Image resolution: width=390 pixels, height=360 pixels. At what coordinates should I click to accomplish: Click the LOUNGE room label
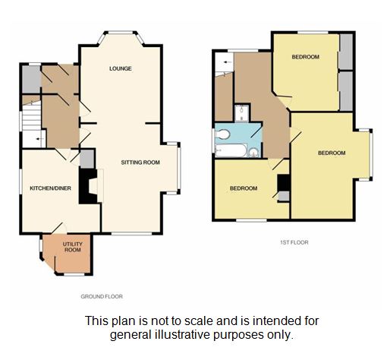[x=121, y=68]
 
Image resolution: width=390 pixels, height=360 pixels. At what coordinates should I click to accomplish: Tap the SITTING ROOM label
[x=140, y=163]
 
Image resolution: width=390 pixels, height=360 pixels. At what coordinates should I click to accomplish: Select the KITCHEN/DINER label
[x=50, y=188]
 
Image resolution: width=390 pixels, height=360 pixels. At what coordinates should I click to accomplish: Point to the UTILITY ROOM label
[x=73, y=247]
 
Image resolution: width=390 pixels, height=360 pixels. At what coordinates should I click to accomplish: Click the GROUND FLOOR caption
[x=102, y=296]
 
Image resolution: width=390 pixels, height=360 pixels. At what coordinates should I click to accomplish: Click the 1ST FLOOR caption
[x=294, y=242]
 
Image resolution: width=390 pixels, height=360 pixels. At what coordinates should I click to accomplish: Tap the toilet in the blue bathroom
[x=222, y=134]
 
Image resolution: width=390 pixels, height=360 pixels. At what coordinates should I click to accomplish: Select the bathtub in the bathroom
[x=231, y=150]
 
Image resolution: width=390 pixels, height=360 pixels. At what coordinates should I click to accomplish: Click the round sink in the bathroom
[x=253, y=153]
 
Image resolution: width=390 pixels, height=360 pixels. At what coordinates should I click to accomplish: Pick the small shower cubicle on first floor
[x=242, y=113]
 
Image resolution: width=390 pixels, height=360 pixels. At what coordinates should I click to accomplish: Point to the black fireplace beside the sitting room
[x=88, y=186]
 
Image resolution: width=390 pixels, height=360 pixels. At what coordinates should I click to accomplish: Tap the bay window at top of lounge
[x=121, y=37]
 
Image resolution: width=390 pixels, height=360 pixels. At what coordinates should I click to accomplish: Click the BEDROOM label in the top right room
[x=306, y=57]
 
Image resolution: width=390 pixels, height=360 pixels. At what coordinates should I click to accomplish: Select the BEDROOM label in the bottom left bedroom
[x=244, y=188]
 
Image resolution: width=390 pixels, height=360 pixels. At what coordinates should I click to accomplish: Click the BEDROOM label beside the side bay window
[x=332, y=153]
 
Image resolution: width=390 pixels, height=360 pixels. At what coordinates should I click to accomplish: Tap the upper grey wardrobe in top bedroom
[x=346, y=52]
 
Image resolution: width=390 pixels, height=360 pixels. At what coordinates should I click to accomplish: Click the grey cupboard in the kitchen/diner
[x=87, y=159]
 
